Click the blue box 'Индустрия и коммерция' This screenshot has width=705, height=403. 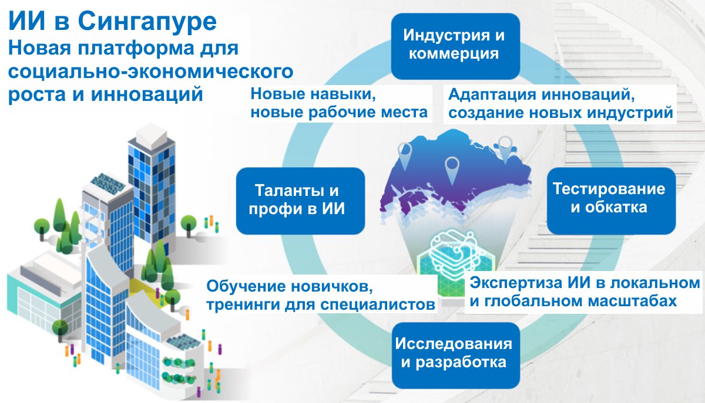click(455, 46)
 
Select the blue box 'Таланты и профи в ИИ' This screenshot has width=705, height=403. click(300, 201)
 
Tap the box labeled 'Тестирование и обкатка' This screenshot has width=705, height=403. click(611, 201)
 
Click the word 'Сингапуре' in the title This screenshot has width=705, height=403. click(147, 21)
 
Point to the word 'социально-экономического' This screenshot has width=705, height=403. click(150, 72)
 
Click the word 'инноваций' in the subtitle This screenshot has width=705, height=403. click(147, 94)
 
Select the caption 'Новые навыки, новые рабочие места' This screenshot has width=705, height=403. click(339, 103)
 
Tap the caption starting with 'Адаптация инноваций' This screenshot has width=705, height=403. click(560, 104)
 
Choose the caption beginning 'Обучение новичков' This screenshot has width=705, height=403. click(321, 295)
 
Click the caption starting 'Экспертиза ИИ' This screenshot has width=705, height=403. click(585, 292)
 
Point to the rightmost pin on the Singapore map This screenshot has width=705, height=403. click(505, 150)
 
